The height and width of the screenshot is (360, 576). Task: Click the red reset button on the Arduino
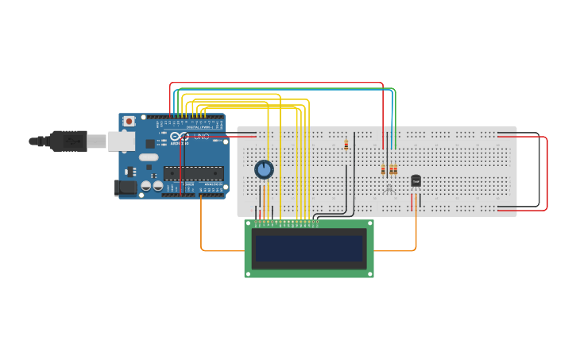coord(128,121)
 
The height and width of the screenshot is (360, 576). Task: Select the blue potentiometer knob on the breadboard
coord(264,169)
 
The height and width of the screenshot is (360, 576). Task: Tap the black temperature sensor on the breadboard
coord(416,181)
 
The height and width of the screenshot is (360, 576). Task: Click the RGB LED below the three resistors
coord(389,188)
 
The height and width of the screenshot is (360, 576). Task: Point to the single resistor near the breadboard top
coord(346,145)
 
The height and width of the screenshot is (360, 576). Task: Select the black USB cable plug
coord(68,141)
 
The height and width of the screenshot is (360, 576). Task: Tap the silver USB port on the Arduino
coord(120,141)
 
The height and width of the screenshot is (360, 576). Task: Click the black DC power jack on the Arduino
coord(126,188)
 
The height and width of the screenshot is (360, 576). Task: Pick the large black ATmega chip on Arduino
coord(193,173)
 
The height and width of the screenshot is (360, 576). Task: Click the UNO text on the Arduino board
coord(202,137)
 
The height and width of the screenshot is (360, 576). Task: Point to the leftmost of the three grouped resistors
coord(383,169)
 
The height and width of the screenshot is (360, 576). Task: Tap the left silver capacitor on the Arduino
coord(146,186)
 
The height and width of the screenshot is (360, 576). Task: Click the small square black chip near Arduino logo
coord(150,144)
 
